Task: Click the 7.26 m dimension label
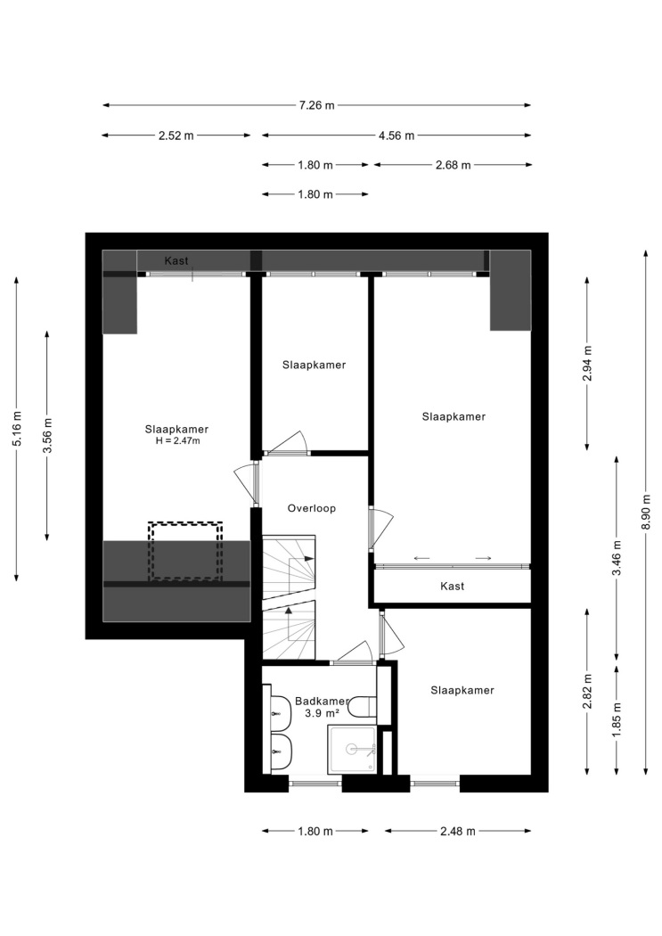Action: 316,106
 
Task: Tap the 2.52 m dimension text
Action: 176,135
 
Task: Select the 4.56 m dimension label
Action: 396,135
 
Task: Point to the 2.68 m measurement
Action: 454,165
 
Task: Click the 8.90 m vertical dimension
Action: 647,512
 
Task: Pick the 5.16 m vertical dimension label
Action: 17,428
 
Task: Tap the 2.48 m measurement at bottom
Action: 458,831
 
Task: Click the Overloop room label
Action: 311,509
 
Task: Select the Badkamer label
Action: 322,702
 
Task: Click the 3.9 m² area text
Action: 322,713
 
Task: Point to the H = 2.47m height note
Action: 177,441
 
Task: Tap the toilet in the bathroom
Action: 362,706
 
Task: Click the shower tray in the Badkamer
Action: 353,749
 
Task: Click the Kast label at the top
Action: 176,261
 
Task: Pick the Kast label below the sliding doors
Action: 452,587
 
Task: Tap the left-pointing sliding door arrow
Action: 421,558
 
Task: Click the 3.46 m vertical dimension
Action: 617,557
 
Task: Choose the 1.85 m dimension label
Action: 617,720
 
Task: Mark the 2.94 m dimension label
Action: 587,363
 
